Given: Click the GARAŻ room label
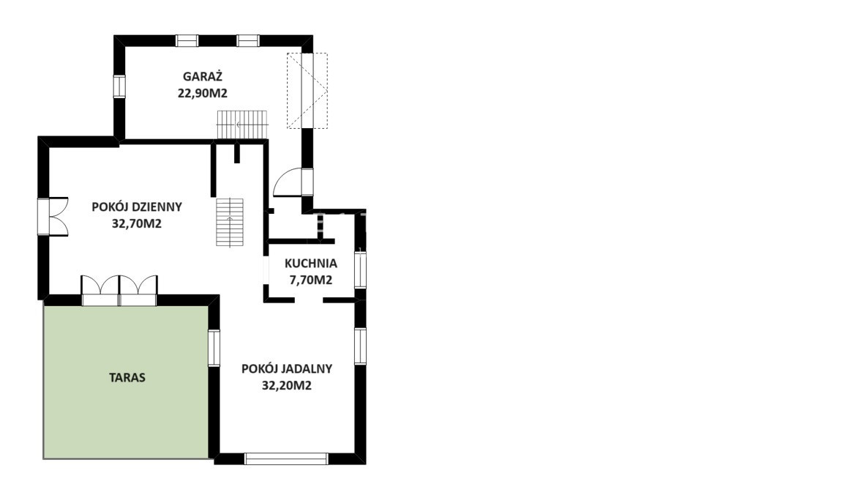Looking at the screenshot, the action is pyautogui.click(x=203, y=76).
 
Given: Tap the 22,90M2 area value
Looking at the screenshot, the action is pyautogui.click(x=203, y=93).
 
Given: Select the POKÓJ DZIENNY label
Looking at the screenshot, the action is pyautogui.click(x=137, y=207).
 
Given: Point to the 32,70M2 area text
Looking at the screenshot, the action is pyautogui.click(x=137, y=223).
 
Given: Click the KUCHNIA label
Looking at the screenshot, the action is pyautogui.click(x=311, y=263).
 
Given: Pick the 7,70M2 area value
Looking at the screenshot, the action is pyautogui.click(x=311, y=280).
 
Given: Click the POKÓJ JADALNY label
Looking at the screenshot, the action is pyautogui.click(x=287, y=368).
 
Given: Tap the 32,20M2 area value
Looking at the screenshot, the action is pyautogui.click(x=287, y=385).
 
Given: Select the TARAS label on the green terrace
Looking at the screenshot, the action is pyautogui.click(x=127, y=377).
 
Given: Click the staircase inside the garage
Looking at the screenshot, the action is pyautogui.click(x=242, y=125).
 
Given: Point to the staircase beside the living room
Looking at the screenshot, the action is pyautogui.click(x=230, y=222).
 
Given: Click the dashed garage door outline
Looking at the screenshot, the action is pyautogui.click(x=307, y=90).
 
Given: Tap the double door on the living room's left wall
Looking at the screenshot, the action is pyautogui.click(x=53, y=216).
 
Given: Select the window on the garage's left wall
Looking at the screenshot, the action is pyautogui.click(x=119, y=86).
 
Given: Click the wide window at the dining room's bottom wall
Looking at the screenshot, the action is pyautogui.click(x=286, y=459).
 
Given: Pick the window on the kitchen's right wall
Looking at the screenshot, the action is pyautogui.click(x=360, y=270).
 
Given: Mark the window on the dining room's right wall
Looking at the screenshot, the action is pyautogui.click(x=360, y=346).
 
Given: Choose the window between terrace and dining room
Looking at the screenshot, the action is pyautogui.click(x=214, y=348).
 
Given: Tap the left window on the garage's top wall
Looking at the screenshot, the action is pyautogui.click(x=187, y=41).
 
